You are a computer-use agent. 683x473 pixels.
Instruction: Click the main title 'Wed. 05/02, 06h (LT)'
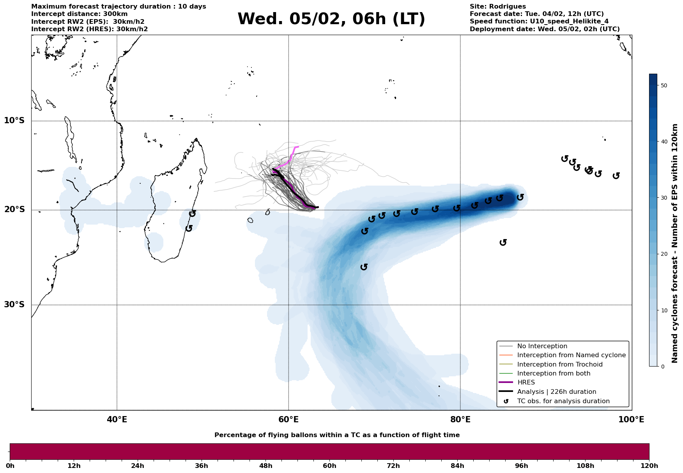click(x=331, y=19)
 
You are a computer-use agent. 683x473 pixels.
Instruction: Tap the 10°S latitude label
click(x=14, y=120)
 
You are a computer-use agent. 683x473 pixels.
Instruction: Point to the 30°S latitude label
click(x=14, y=305)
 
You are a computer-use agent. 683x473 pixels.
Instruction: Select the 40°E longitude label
click(x=117, y=420)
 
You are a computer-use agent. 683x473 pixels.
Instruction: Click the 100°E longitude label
click(x=632, y=420)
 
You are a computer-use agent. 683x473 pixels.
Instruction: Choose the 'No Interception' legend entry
click(x=542, y=346)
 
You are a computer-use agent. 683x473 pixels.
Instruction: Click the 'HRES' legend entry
click(x=526, y=383)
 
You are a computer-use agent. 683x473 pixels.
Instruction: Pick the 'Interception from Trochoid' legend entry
click(x=560, y=365)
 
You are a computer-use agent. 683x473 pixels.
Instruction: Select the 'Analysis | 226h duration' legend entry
click(x=556, y=392)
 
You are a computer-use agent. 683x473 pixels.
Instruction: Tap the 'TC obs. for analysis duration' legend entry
click(x=563, y=401)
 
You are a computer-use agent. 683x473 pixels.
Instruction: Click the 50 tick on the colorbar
click(x=664, y=85)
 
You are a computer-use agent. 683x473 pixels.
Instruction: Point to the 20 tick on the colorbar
click(x=664, y=254)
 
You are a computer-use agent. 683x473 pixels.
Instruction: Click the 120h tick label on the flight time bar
click(x=649, y=466)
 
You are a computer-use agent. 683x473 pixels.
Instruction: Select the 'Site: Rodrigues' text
click(x=497, y=7)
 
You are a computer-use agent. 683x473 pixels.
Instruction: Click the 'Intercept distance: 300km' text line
click(x=74, y=14)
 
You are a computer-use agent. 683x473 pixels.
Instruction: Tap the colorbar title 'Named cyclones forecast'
click(x=675, y=243)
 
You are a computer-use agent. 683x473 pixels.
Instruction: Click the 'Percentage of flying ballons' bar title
click(x=337, y=435)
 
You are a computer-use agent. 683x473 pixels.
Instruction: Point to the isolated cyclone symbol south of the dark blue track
click(x=503, y=243)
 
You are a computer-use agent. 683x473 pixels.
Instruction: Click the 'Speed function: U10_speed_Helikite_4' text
click(x=539, y=21)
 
